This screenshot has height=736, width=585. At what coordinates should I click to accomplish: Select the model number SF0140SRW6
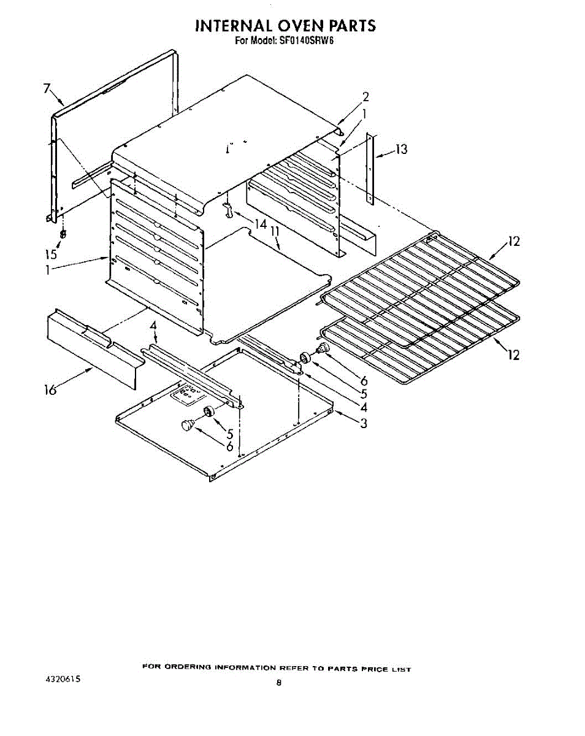(306, 41)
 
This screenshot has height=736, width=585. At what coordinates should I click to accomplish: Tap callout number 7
(47, 88)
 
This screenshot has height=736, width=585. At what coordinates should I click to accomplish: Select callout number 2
(365, 97)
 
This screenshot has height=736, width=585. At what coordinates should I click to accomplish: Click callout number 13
(402, 149)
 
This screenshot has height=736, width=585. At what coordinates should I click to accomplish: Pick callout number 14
(261, 224)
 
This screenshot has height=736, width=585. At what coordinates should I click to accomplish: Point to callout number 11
(275, 232)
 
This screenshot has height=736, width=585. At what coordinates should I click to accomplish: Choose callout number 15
(52, 254)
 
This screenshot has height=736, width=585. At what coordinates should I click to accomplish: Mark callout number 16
(50, 389)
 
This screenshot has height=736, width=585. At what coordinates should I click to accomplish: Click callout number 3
(364, 423)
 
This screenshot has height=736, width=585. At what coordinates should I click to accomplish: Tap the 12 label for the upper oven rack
(513, 242)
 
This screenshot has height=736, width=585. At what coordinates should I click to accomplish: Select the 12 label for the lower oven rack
(513, 355)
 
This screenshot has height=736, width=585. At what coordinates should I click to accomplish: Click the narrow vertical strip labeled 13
(370, 169)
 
